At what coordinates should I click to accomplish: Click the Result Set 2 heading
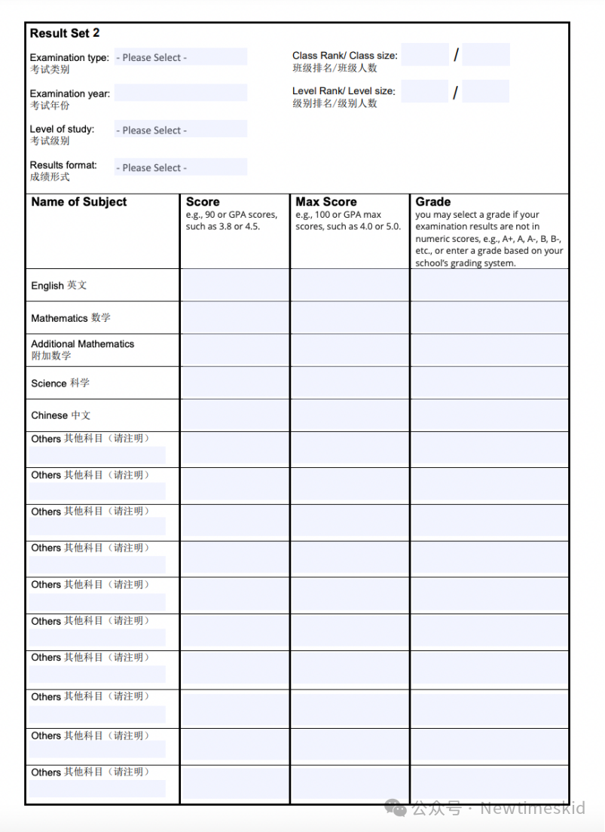click(65, 33)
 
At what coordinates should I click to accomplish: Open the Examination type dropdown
click(181, 57)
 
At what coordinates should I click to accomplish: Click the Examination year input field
click(181, 93)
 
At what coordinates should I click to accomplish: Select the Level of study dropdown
click(181, 130)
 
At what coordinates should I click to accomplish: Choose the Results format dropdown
click(181, 167)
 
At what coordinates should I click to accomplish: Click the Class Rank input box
click(425, 55)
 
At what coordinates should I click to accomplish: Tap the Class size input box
click(486, 55)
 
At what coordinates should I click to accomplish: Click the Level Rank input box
click(425, 91)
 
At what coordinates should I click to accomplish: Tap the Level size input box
click(486, 91)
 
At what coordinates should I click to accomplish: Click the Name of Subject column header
click(79, 202)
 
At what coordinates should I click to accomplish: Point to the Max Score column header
click(326, 202)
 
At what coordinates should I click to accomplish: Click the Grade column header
click(433, 202)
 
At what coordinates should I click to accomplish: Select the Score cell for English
click(234, 285)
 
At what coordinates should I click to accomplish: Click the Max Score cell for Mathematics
click(350, 317)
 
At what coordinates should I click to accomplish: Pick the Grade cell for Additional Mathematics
click(490, 350)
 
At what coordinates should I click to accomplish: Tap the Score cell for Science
click(234, 383)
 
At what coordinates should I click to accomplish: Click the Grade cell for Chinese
click(490, 415)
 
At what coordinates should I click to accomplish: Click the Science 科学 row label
click(60, 383)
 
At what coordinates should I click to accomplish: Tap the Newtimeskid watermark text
click(533, 809)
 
